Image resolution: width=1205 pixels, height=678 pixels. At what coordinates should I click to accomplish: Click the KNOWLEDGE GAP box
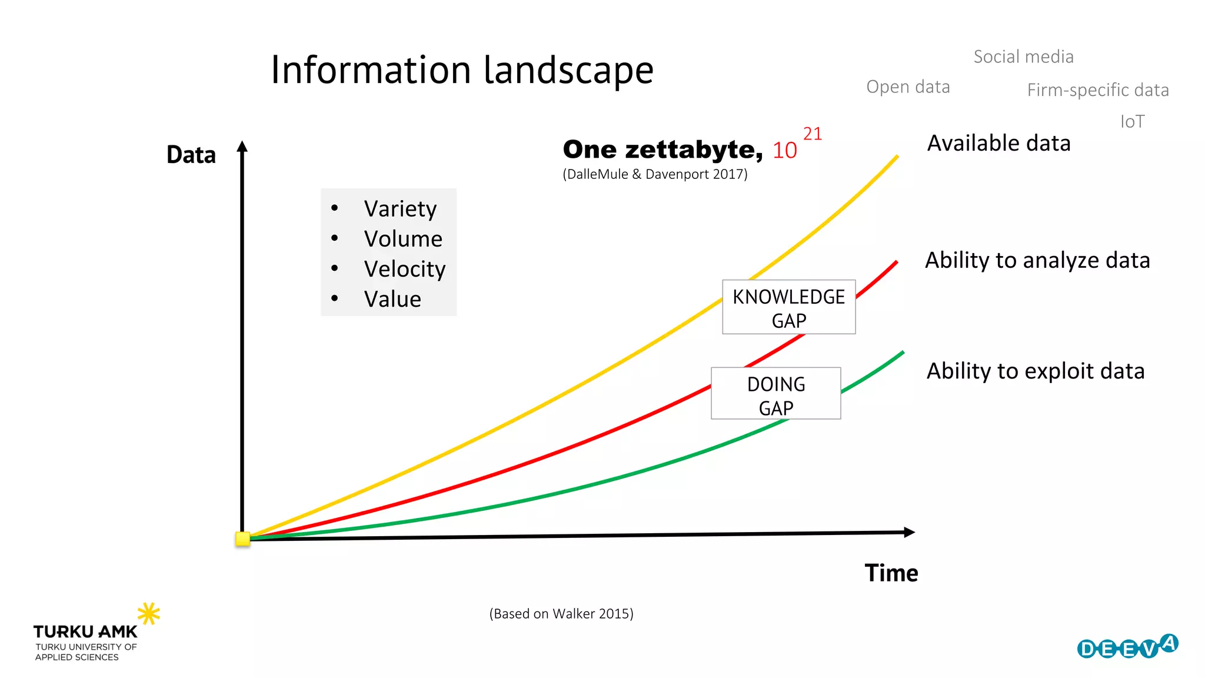click(788, 307)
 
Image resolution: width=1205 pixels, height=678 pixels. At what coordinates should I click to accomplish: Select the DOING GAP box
click(775, 394)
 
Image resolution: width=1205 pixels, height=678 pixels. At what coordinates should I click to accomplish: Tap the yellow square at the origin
click(242, 539)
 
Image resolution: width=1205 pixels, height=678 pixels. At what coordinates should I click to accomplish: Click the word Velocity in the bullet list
click(405, 269)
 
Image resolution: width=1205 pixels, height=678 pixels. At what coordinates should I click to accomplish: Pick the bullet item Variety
click(400, 209)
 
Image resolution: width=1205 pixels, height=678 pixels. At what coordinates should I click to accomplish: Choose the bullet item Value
click(392, 299)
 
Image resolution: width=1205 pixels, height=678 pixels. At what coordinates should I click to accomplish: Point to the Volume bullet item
click(403, 239)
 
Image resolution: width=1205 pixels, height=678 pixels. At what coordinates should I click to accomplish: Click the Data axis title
click(191, 155)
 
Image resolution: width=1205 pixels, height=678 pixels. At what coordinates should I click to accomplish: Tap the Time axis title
click(891, 573)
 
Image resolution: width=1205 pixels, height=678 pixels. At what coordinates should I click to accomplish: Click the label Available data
click(998, 143)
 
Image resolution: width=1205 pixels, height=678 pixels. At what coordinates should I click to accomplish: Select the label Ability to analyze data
click(1037, 260)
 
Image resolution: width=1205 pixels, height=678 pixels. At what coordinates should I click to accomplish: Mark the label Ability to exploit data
click(1036, 371)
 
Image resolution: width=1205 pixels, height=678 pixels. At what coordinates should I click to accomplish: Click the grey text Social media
click(1023, 57)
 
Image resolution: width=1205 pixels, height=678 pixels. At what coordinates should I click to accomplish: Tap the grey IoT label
click(1132, 122)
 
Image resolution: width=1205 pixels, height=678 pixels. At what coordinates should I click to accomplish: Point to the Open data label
click(908, 87)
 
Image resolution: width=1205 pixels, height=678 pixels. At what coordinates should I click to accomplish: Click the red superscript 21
click(812, 134)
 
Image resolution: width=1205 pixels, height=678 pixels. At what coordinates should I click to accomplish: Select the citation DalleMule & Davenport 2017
click(655, 174)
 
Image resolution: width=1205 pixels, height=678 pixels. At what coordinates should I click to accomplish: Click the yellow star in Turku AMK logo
click(149, 613)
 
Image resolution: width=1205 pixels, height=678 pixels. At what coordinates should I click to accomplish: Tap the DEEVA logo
click(1127, 647)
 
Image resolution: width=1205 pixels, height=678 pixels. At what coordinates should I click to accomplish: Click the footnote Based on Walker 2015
click(561, 614)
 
